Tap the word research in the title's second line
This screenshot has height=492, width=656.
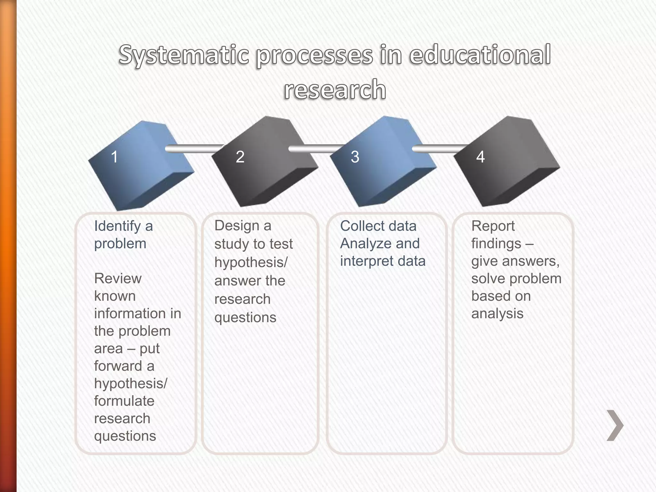335,90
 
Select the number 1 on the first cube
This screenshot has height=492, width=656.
114,157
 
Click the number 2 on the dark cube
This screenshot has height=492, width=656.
240,157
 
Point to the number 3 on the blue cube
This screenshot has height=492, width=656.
355,157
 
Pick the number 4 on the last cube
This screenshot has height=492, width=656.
480,157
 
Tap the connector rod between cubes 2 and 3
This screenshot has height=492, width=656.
316,149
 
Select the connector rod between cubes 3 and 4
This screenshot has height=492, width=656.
439,149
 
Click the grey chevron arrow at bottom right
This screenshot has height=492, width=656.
615,425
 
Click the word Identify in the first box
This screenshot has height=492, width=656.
117,226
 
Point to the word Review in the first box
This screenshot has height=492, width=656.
118,279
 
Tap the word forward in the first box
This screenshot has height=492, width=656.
118,366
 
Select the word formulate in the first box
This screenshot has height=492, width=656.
124,401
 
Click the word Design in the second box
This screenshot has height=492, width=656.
237,226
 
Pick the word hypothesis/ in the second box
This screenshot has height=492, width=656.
251,263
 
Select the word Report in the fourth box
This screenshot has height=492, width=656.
493,226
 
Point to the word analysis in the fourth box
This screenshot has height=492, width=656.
497,314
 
